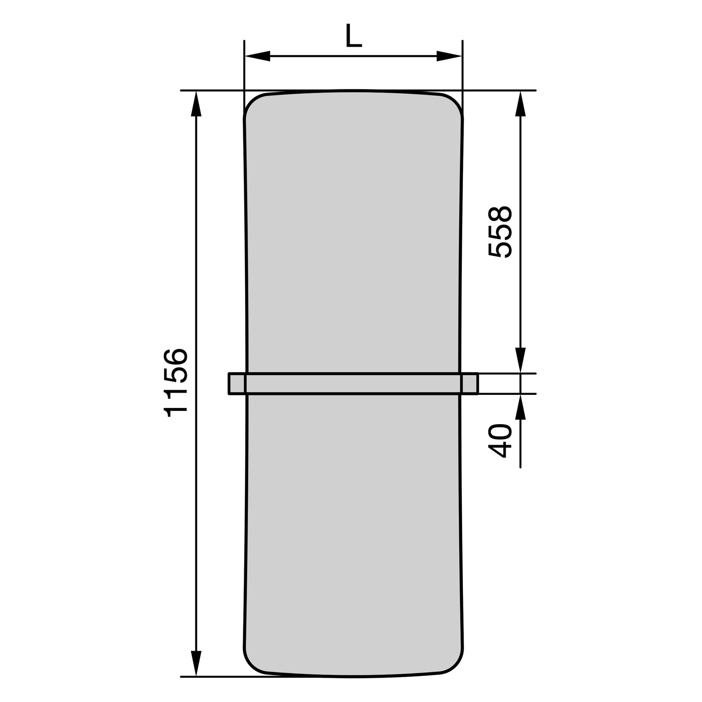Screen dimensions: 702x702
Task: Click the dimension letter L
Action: pos(353,36)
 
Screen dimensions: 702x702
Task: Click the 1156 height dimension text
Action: pos(176,383)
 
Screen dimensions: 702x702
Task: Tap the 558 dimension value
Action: pos(500,233)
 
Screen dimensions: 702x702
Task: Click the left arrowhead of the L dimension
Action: pos(257,56)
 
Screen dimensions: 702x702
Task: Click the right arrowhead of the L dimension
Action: pos(449,56)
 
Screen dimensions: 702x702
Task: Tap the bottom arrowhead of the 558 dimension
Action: pos(520,360)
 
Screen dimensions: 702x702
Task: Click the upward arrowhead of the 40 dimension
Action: pos(520,407)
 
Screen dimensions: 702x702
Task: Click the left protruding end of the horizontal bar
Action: pos(237,384)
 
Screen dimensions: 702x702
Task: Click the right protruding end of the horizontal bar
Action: pos(469,384)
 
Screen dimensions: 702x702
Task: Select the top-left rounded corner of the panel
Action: pos(254,104)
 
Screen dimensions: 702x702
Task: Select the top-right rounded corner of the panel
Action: pos(453,104)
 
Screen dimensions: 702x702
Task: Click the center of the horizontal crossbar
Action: pos(353,384)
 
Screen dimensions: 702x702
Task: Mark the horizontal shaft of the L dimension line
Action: pos(353,56)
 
